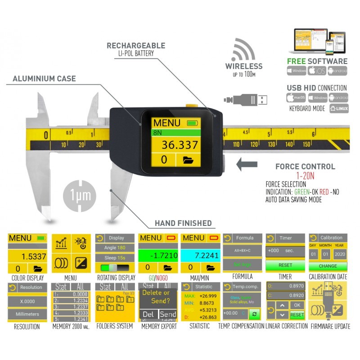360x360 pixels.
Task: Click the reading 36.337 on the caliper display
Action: pos(180,144)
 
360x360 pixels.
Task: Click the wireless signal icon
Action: pos(244,49)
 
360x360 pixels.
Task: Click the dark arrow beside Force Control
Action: pos(252,164)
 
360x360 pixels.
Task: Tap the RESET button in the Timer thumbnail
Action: pos(285,265)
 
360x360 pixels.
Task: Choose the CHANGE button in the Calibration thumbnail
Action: pos(328,265)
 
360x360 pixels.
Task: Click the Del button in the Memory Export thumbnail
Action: pos(148,314)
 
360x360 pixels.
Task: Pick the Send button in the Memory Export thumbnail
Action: pos(168,314)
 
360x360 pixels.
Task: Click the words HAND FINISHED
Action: pos(183,223)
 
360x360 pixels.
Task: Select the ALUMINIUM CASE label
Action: pos(44,79)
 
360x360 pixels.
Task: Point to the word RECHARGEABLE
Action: pos(135,45)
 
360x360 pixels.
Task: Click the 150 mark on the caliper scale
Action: pos(306,144)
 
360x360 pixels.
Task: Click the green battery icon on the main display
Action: pos(193,123)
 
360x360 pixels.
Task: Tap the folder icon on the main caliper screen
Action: pos(189,159)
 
